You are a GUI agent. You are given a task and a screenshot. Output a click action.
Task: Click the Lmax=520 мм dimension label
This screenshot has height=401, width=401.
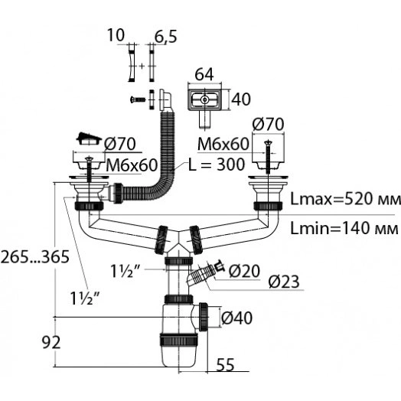pos(345,199)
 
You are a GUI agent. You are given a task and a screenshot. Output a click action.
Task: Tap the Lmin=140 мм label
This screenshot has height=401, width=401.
pos(344,228)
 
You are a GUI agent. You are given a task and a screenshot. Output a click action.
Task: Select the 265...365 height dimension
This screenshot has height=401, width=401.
pos(35,257)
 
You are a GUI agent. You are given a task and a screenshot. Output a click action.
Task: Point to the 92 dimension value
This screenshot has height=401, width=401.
pos(51,342)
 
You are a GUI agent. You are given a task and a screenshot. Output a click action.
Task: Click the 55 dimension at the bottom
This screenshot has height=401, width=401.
pos(225,365)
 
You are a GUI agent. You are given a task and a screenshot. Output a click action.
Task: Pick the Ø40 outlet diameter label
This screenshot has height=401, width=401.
pos(236,318)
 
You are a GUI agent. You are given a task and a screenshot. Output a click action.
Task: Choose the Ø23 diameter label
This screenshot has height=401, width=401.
pos(284,282)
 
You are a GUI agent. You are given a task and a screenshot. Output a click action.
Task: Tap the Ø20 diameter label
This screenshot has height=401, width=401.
pos(244,271)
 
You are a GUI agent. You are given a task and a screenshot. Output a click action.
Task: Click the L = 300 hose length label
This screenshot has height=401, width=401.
pos(217,165)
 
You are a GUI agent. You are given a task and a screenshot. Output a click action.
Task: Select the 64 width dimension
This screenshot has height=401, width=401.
pos(204,75)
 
